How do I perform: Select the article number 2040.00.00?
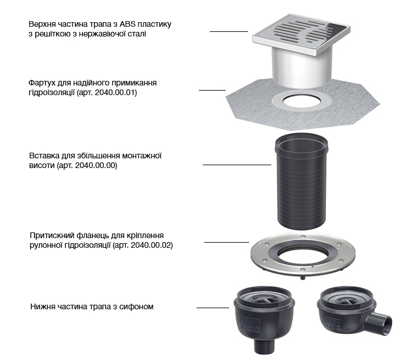point(95,165)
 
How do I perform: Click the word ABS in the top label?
point(128,24)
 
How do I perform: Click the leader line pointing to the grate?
point(229,31)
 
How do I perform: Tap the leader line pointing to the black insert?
point(237,165)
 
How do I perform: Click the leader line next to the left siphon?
point(213,308)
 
